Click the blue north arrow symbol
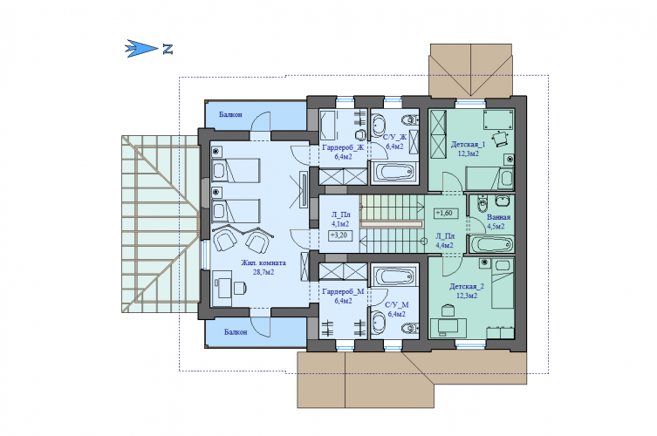(x=141, y=49)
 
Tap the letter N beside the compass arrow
(x=168, y=49)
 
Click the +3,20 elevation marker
(x=339, y=235)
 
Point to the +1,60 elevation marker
(x=444, y=213)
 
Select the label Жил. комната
(x=263, y=263)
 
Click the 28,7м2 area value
(x=263, y=272)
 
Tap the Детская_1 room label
(x=468, y=145)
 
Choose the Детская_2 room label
(x=467, y=287)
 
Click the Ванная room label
(x=498, y=217)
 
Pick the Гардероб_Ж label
(x=343, y=148)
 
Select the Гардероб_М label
(x=343, y=291)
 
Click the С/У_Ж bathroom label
(x=394, y=138)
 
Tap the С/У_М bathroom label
(x=397, y=305)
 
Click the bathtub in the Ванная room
(x=491, y=244)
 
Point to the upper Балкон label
(x=230, y=114)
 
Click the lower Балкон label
(x=236, y=332)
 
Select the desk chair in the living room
(x=239, y=288)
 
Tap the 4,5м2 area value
(x=496, y=227)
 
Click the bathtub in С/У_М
(x=394, y=276)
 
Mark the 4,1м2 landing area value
(x=340, y=224)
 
